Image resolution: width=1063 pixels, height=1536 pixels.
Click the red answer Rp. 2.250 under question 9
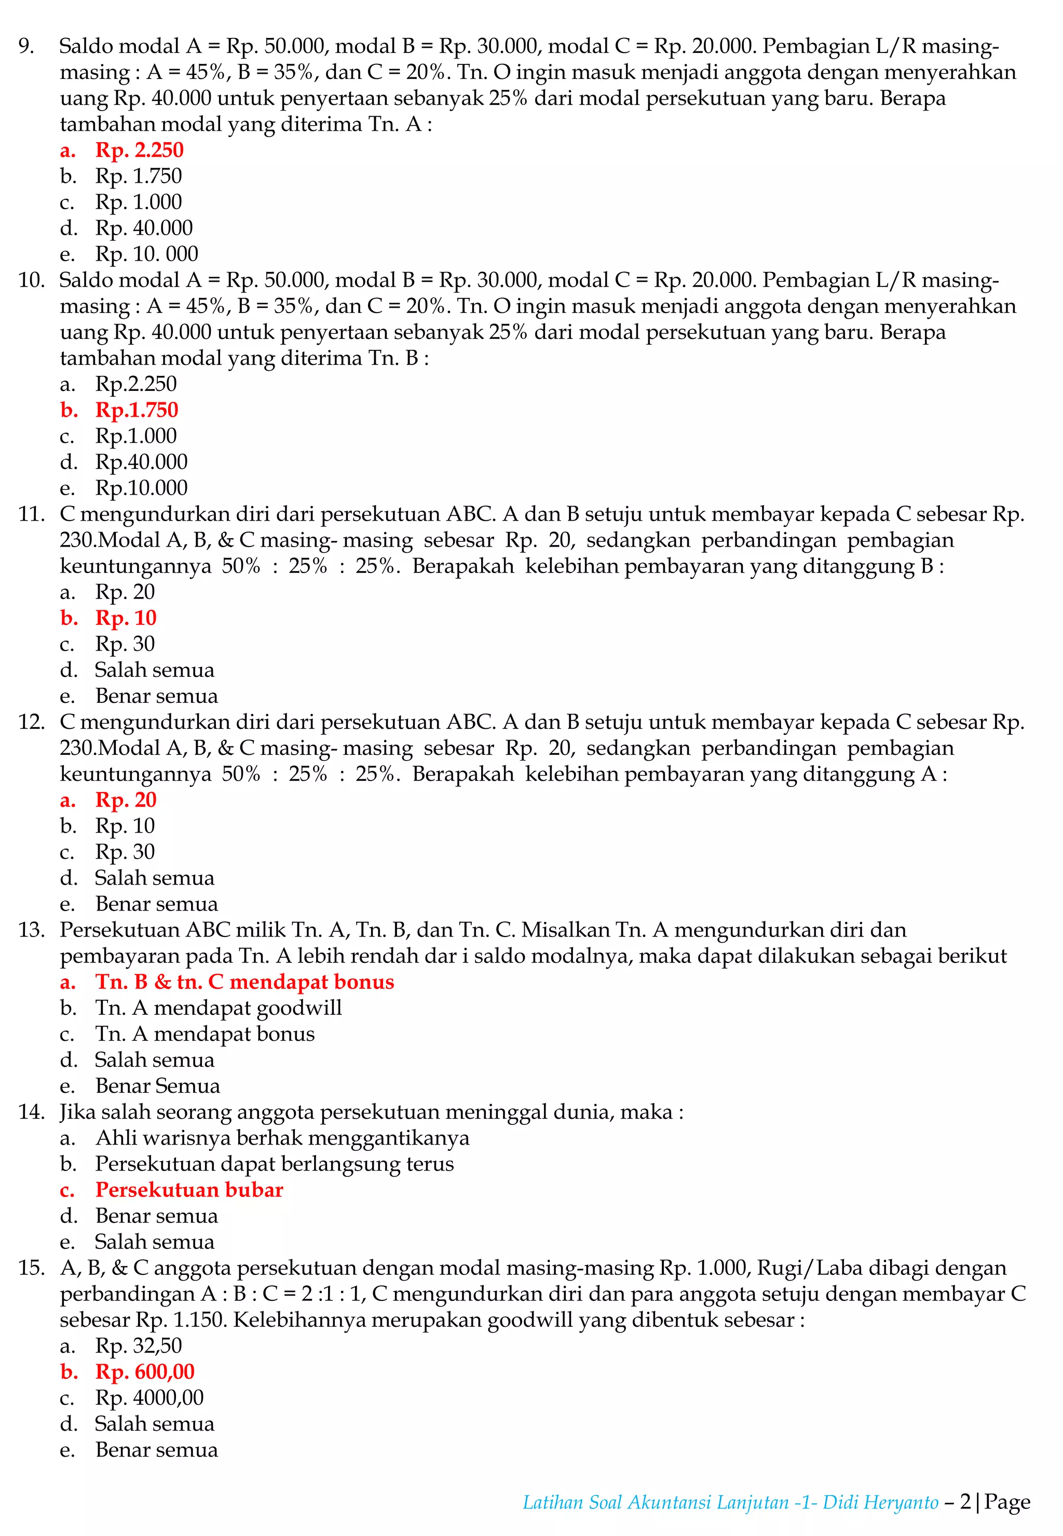pyautogui.click(x=139, y=150)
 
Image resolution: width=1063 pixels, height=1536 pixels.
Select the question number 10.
pyautogui.click(x=31, y=280)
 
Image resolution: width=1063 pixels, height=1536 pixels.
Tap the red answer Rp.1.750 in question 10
pyautogui.click(x=137, y=410)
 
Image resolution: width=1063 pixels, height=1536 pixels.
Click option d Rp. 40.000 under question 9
pyautogui.click(x=144, y=228)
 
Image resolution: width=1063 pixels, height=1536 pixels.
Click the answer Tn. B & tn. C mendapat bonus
pyautogui.click(x=244, y=982)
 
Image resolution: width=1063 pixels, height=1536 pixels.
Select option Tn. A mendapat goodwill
pyautogui.click(x=219, y=1008)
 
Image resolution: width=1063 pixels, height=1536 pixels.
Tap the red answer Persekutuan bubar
pyautogui.click(x=189, y=1190)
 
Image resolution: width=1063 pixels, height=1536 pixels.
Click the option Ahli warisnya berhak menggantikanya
pyautogui.click(x=282, y=1138)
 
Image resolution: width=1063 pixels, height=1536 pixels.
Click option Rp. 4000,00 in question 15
pyautogui.click(x=149, y=1397)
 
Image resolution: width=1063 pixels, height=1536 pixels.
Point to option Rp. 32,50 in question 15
pyautogui.click(x=139, y=1345)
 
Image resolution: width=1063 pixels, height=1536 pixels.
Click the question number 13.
pyautogui.click(x=31, y=930)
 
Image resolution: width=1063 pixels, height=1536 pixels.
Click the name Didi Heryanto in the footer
pyautogui.click(x=880, y=1502)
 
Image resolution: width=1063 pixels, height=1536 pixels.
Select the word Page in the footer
pyautogui.click(x=1007, y=1502)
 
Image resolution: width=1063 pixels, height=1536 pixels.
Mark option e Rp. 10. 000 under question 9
pyautogui.click(x=146, y=254)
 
